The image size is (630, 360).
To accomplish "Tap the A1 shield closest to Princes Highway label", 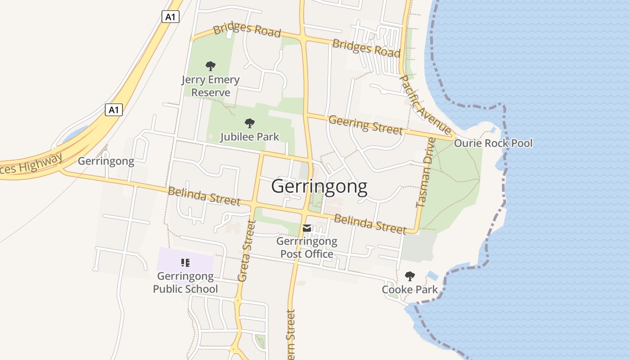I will pos(114,109).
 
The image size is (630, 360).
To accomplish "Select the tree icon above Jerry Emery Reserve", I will pos(210,67).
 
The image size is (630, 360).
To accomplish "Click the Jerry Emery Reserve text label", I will pos(211,86).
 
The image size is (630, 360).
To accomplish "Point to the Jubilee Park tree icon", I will pos(250,123).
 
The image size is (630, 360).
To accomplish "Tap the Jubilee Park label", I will pos(250,136).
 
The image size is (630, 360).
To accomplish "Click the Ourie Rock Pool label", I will pos(493,144).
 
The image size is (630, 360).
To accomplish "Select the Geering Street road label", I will pos(365,125).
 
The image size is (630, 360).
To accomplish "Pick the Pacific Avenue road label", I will pos(425,105).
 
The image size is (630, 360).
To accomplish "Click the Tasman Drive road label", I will pos(426,173).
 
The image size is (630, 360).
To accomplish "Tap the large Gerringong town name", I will pos(319,186).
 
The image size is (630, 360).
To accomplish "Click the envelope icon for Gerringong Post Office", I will pos(307,229).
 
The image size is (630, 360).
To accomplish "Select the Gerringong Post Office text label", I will pos(307,247).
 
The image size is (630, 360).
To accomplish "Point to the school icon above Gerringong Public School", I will pos(185,263).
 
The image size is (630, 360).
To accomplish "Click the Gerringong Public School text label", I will pos(185,282).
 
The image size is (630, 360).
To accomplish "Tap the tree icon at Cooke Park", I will pos(409,276).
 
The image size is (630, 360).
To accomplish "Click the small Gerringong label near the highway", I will pos(106,161).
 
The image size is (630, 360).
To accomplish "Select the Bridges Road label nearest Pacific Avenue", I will pos(366,48).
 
